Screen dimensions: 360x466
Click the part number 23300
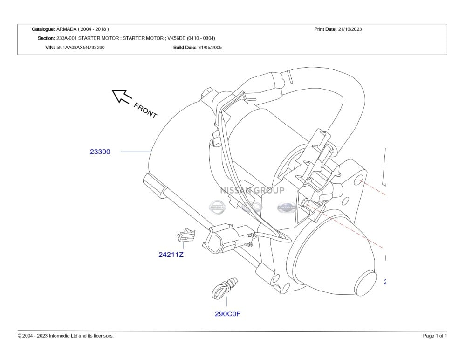pos(100,152)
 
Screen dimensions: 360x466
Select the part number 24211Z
pos(171,255)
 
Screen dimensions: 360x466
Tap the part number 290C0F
pos(227,314)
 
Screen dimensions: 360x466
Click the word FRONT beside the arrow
pos(145,110)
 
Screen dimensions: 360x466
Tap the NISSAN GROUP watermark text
pos(252,190)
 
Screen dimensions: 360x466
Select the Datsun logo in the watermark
pos(286,208)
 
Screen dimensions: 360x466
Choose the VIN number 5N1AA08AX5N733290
pos(81,48)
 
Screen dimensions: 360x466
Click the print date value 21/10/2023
pos(350,29)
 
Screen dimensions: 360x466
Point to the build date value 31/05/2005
pos(210,48)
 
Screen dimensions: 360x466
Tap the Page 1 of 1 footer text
pos(435,336)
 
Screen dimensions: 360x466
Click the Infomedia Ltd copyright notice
pos(66,336)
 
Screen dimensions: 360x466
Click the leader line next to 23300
pos(136,152)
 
